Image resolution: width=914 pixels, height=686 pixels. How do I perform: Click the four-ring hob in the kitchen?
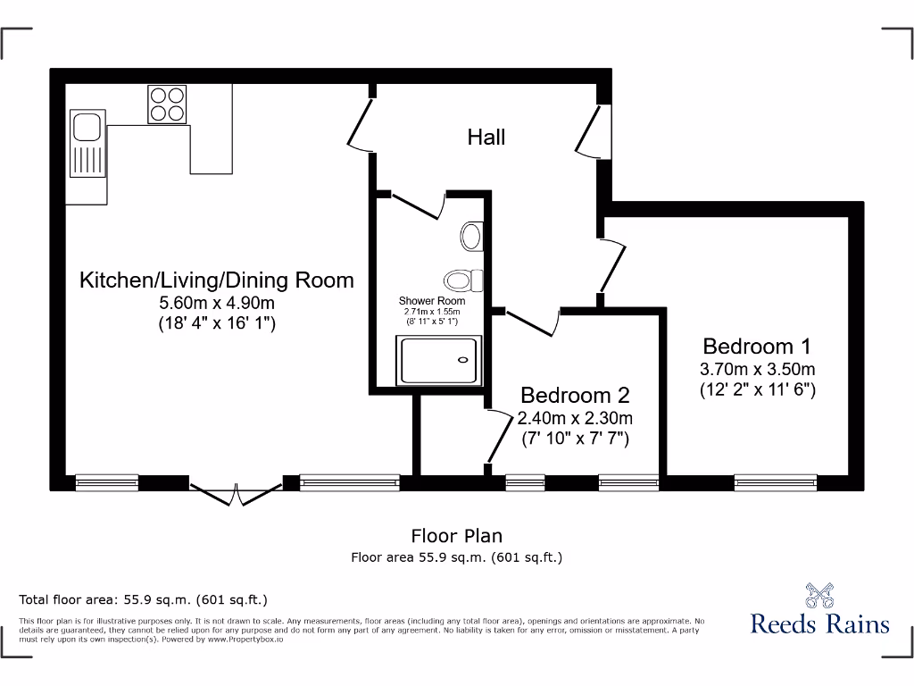point(167,104)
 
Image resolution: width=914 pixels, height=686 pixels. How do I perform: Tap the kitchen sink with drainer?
point(87,145)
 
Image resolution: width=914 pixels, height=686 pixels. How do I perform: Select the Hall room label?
point(486,137)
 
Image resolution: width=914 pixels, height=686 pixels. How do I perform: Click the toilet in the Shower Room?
point(463,280)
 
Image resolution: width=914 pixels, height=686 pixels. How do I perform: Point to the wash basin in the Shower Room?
point(471,237)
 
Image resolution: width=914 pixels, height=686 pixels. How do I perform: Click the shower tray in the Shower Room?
point(441,360)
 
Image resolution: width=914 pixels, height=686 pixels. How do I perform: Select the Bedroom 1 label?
point(757,346)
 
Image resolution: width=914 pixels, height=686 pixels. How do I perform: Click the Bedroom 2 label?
point(575,395)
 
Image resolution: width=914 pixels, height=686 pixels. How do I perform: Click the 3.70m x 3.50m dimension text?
point(757,368)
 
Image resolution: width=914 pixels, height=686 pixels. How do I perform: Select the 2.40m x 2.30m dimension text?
point(575,418)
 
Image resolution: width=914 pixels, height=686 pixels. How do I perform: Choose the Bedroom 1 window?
point(775,482)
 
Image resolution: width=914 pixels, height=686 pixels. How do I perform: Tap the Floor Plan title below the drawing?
point(456,536)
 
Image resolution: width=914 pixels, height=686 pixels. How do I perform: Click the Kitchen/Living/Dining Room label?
point(217,280)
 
